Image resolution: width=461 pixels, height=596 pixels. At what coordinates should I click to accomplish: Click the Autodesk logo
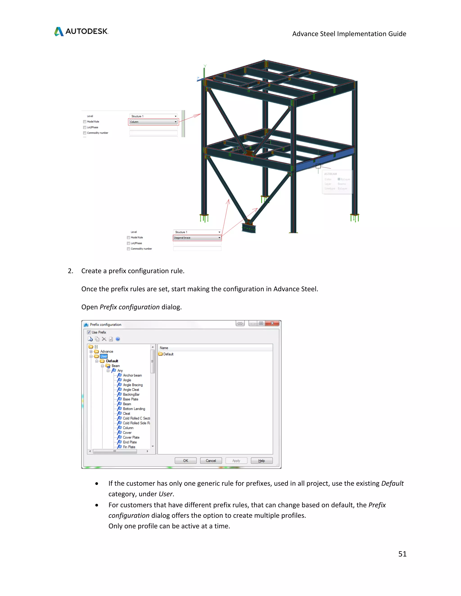click(81, 31)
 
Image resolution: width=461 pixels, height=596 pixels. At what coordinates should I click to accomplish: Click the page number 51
click(402, 554)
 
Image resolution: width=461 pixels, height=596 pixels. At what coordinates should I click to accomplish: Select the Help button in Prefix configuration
click(261, 461)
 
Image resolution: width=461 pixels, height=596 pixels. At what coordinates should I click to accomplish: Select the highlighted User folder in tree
click(104, 356)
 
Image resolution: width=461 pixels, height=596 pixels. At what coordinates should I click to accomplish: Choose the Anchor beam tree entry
click(132, 375)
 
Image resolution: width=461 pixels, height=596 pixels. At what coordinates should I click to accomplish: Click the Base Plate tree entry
click(130, 399)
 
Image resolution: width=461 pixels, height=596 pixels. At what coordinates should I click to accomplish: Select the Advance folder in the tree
click(106, 352)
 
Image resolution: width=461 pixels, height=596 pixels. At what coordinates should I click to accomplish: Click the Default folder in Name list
click(168, 354)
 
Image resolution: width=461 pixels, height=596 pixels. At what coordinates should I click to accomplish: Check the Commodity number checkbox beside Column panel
click(85, 133)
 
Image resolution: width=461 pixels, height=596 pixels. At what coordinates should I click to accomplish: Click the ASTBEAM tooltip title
click(330, 174)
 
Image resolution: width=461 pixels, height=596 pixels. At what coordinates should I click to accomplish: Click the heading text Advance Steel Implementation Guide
click(349, 34)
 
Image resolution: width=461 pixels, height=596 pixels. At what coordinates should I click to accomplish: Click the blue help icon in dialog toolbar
click(118, 339)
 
